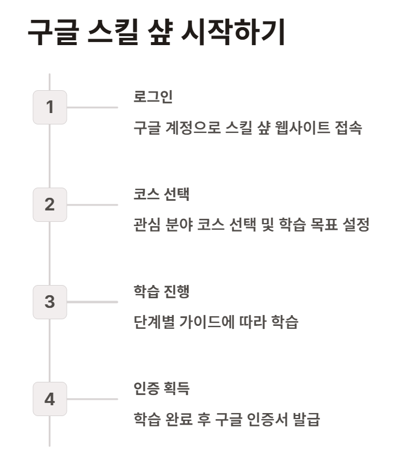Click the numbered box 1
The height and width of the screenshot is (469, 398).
[50, 108]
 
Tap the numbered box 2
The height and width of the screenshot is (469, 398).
[50, 204]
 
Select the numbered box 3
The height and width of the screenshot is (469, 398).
[50, 302]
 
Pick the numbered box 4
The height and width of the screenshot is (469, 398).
[50, 399]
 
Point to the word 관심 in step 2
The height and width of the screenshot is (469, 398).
[146, 226]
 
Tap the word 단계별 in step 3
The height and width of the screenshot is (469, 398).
[153, 323]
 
